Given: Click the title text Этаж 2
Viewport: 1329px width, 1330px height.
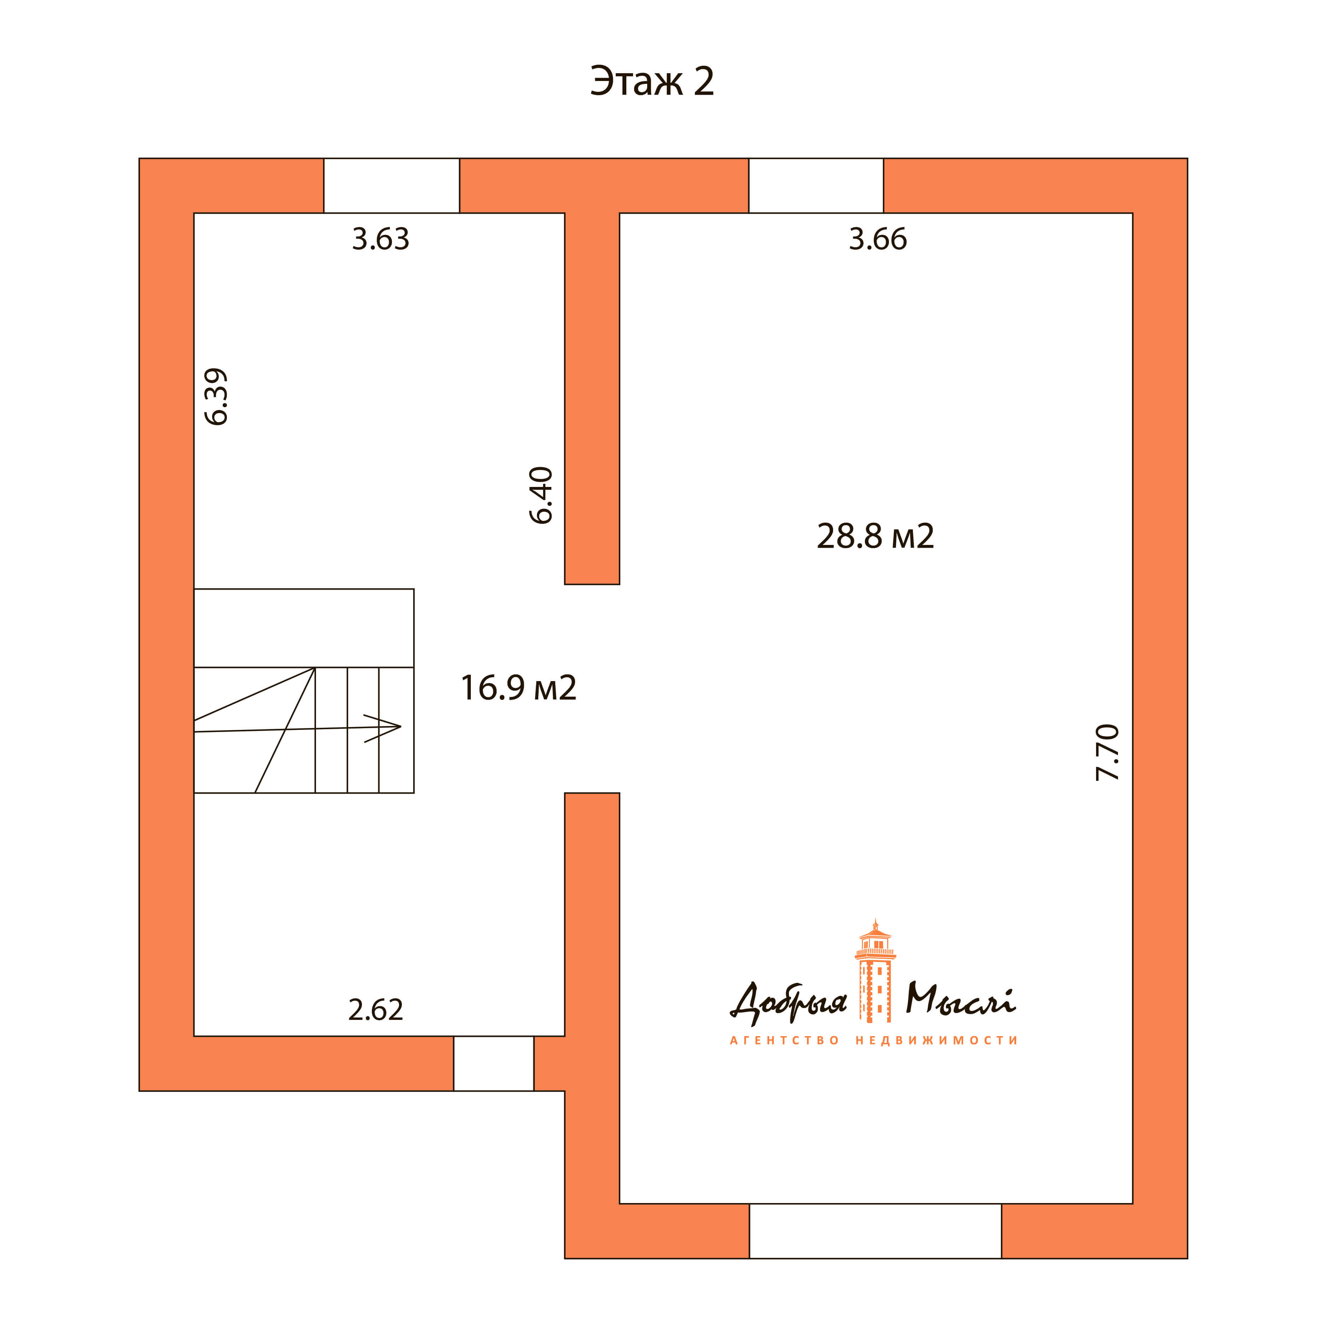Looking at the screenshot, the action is point(652,81).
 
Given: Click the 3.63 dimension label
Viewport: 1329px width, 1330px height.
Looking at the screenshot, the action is point(381,239).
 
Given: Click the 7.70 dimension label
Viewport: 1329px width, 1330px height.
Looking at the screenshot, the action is point(1107,753).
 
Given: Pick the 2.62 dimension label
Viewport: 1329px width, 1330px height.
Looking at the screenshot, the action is point(376,1010).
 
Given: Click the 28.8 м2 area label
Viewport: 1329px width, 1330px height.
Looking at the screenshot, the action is point(876,536).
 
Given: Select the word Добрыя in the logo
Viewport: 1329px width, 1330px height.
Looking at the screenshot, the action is point(789,1002).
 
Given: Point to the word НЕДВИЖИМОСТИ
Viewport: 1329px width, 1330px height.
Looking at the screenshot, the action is point(937,1040).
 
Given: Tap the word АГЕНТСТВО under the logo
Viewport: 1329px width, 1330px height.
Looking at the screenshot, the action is point(785,1040).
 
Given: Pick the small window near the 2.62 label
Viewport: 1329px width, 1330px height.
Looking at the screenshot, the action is point(493,1064).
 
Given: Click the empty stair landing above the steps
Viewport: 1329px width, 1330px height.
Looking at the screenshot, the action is point(304,628).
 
